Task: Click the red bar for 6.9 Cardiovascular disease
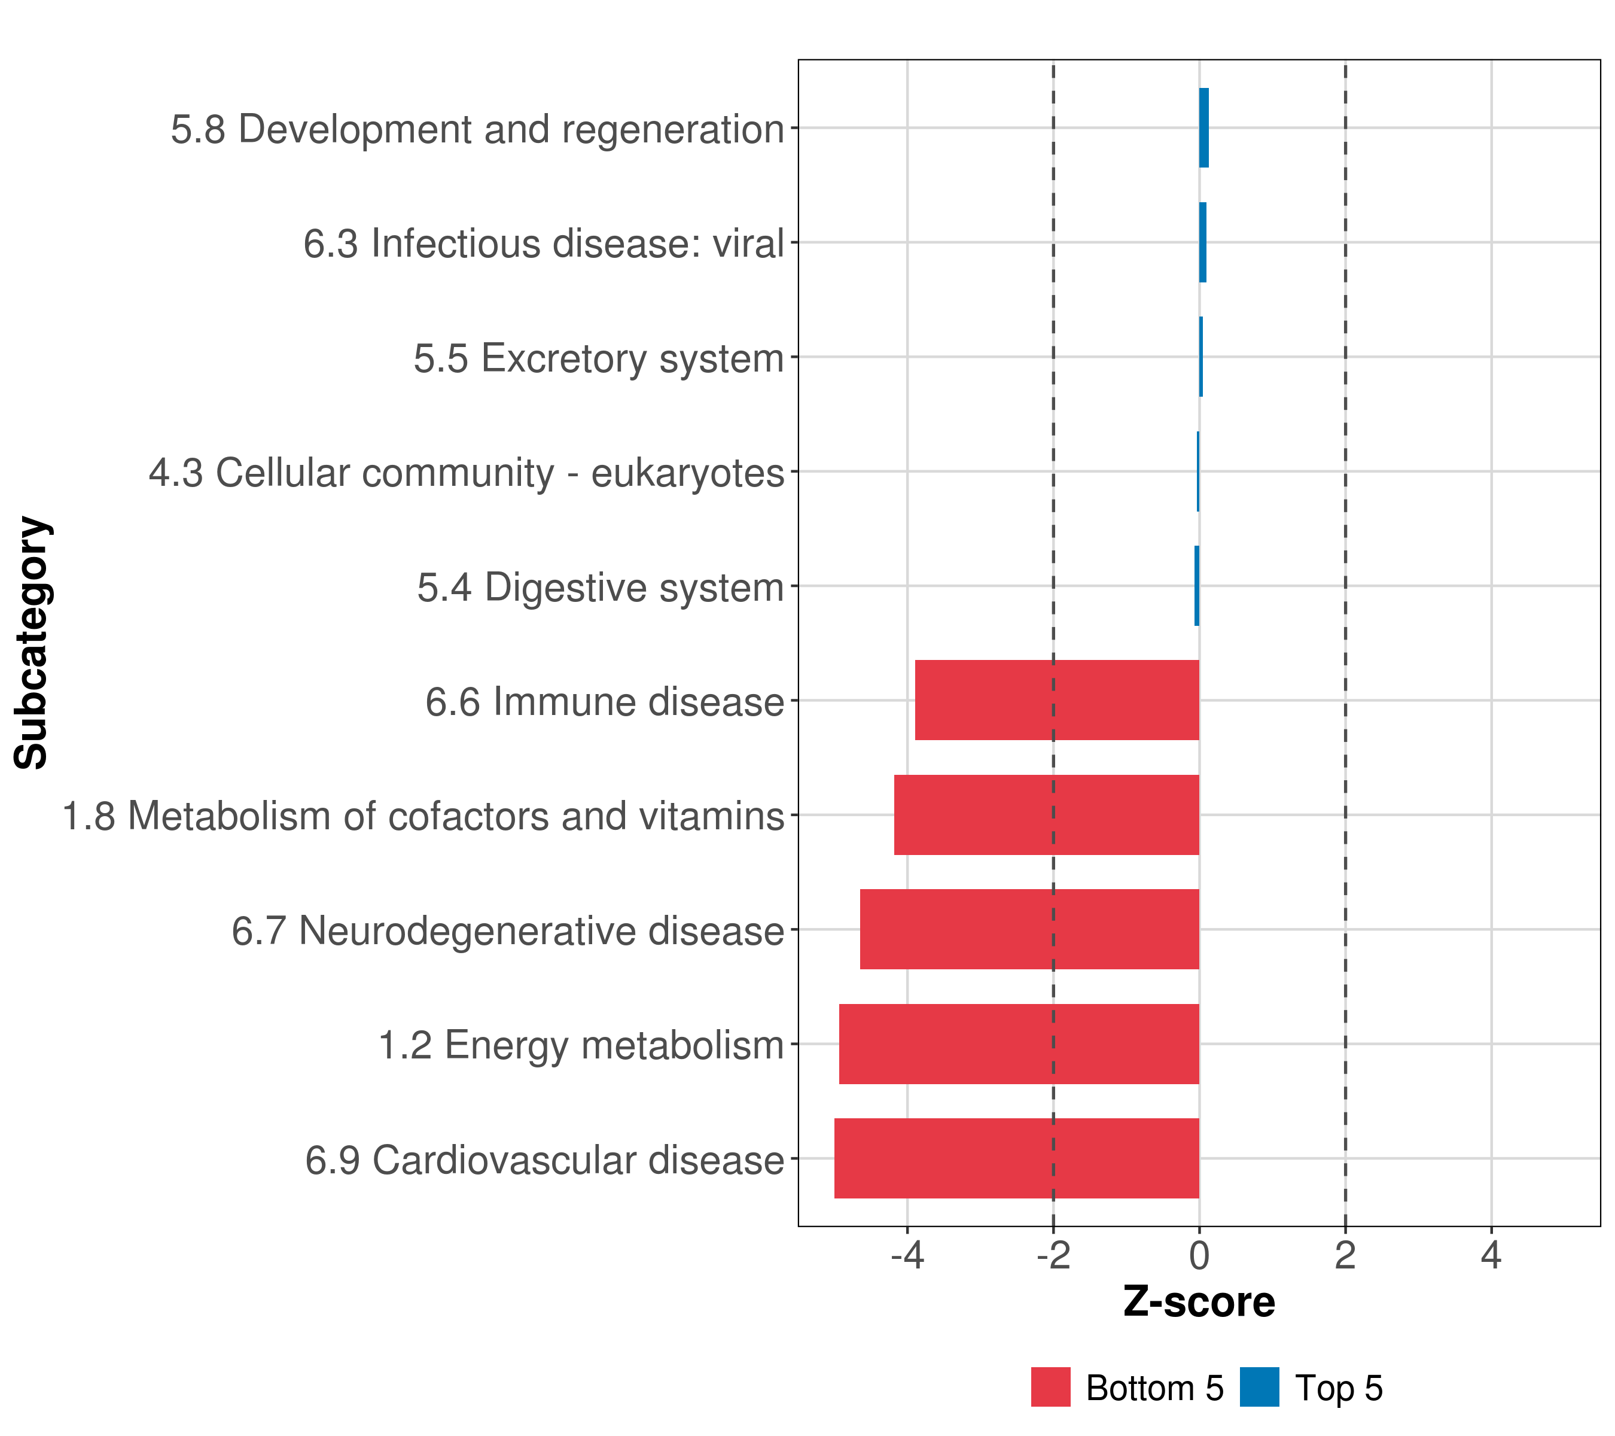point(1016,1158)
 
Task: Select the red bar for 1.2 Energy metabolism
point(1019,1043)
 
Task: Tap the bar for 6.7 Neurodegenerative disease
point(1029,929)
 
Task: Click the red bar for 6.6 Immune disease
point(1056,699)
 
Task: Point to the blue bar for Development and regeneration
point(1203,127)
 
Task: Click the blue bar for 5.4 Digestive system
point(1196,586)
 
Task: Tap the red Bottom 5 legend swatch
point(1050,1387)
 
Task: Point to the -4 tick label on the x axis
point(907,1255)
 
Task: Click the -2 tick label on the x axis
point(1053,1255)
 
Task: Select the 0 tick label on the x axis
point(1199,1255)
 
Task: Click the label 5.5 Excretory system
point(598,358)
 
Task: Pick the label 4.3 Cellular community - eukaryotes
point(466,473)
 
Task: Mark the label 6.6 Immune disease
point(605,702)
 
